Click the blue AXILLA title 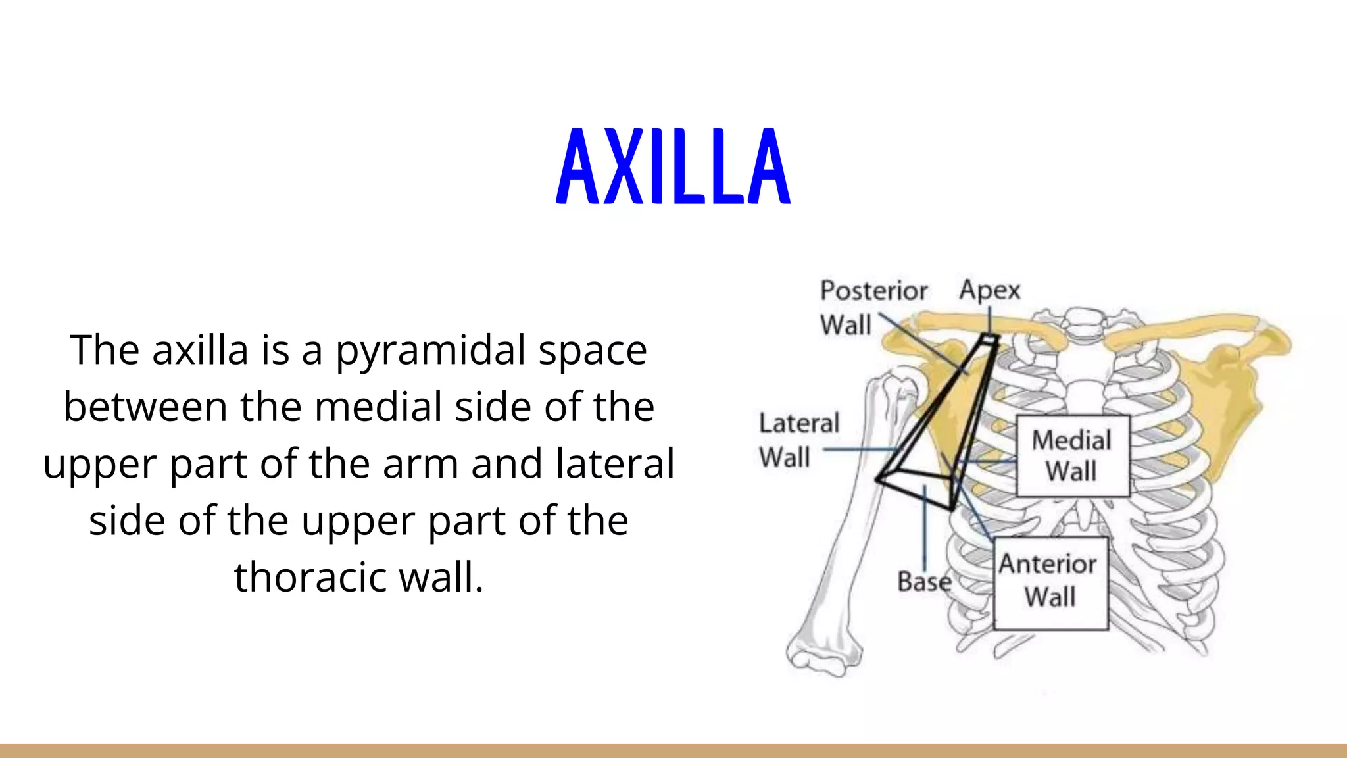point(673,166)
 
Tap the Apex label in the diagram point(989,290)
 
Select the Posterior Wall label point(872,307)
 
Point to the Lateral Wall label point(798,440)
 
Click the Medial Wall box point(1072,455)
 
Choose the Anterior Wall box point(1050,582)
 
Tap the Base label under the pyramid point(924,582)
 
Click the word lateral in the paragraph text point(615,463)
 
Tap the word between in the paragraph point(145,407)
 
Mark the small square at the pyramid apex point(989,339)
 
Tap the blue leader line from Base point(925,526)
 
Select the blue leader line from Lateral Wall point(858,450)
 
